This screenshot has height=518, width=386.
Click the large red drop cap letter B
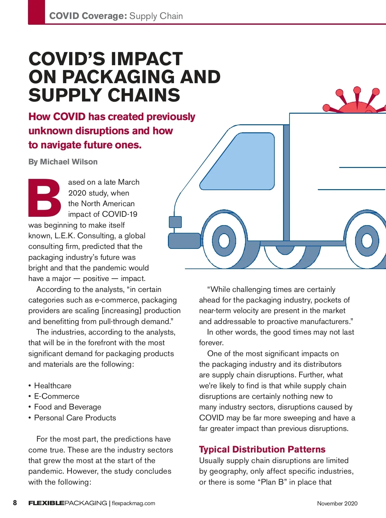tap(45, 198)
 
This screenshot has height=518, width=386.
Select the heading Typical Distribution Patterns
tap(262, 449)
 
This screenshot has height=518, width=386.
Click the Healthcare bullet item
tap(53, 386)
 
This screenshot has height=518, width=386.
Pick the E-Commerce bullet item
tap(57, 396)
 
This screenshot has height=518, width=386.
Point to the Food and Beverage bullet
tap(68, 407)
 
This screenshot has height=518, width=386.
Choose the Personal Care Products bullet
tap(75, 418)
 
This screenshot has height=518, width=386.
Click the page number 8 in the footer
tap(15, 503)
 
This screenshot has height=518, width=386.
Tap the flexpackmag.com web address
tap(133, 503)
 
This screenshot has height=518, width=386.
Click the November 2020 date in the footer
tap(337, 504)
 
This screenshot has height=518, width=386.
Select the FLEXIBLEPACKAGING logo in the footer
tap(68, 503)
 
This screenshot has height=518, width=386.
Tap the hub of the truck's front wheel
tap(224, 241)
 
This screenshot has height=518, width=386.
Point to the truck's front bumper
tap(184, 241)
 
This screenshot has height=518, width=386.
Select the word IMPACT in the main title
tap(147, 59)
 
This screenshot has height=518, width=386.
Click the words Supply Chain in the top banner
tap(156, 16)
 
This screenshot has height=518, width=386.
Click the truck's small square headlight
tap(175, 222)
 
